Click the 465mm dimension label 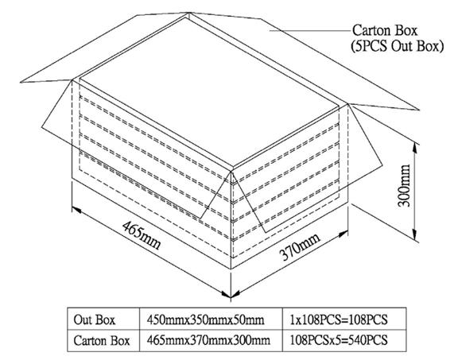click(141, 235)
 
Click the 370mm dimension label click(300, 247)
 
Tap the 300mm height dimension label click(405, 185)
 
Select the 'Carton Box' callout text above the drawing click(385, 30)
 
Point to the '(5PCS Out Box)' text click(397, 46)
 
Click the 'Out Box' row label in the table click(95, 319)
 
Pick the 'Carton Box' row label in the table click(101, 340)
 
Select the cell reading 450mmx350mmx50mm click(205, 320)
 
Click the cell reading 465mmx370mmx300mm click(208, 340)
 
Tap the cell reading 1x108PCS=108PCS click(339, 319)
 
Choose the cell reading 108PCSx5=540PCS click(339, 340)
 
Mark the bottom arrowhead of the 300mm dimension click(414, 234)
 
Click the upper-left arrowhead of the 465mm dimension click(76, 209)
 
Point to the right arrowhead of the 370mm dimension click(343, 234)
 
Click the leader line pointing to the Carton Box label click(309, 30)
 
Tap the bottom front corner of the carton click(231, 269)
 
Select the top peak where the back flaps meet click(189, 13)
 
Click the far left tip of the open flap click(21, 82)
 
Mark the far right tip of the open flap click(419, 110)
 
